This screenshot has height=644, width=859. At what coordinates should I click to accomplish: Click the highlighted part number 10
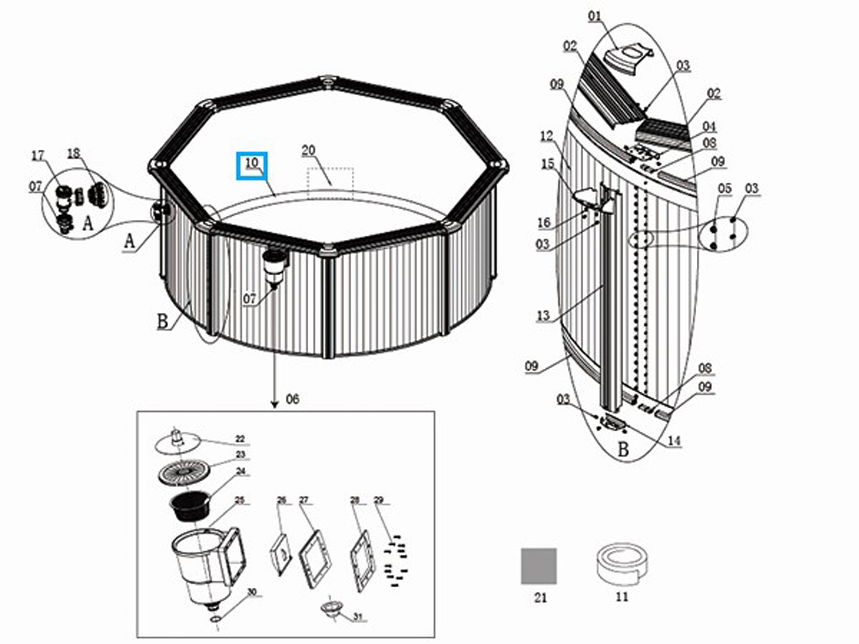(252, 163)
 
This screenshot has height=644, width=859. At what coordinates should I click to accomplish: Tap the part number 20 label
(308, 151)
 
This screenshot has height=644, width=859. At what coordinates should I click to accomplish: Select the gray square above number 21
(538, 566)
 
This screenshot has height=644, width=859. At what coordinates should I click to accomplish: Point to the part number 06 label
(293, 399)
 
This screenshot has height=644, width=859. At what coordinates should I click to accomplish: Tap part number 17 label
(38, 156)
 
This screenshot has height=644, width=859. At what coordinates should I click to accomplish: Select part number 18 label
(73, 153)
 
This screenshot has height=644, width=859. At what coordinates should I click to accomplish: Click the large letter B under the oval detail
(623, 449)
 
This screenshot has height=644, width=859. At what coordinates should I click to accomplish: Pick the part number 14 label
(674, 441)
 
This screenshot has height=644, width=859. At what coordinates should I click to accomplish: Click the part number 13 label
(543, 316)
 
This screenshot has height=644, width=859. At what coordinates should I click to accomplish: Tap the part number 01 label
(595, 17)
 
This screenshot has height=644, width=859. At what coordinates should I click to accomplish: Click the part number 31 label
(358, 618)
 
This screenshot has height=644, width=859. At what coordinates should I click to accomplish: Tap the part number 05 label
(724, 188)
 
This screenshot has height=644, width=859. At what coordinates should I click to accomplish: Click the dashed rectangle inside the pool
(330, 182)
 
